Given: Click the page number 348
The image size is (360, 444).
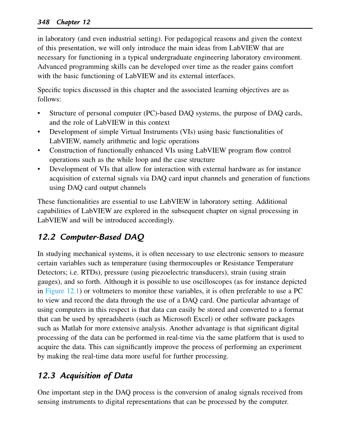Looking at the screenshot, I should pos(44,22).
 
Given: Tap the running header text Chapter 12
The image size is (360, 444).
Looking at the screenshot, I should pos(73,22).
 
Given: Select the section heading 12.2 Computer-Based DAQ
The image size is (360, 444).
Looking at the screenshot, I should pos(91,237).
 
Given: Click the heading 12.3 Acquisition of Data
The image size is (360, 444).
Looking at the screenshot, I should pos(85,376).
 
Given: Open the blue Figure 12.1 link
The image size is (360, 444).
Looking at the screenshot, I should pos(61,291).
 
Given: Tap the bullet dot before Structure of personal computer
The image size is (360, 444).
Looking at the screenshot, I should pos(39,114).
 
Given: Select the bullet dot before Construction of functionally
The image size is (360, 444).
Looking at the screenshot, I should pos(39,151).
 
